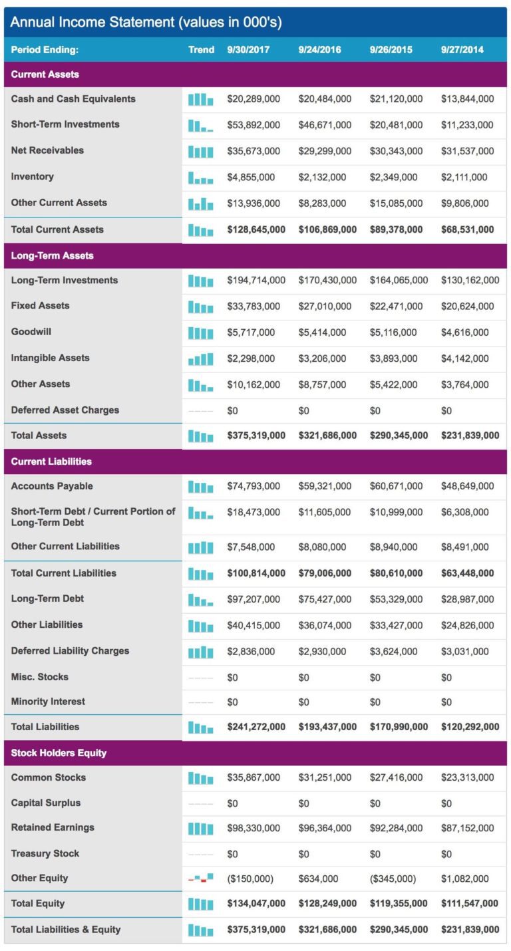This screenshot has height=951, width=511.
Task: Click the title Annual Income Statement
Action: tap(146, 23)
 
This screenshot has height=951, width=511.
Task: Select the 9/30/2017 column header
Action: tap(248, 50)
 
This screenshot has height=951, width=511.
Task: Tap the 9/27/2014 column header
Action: tap(462, 50)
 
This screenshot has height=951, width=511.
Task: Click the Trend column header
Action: tap(201, 50)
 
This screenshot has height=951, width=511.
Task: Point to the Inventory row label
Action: tap(33, 176)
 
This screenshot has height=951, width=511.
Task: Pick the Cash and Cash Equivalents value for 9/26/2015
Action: tap(396, 99)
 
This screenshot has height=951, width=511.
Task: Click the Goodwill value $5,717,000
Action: tap(251, 332)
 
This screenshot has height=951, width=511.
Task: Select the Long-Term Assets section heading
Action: tap(53, 255)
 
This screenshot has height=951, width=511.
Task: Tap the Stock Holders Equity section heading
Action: tap(59, 753)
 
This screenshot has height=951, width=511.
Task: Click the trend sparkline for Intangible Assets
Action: tap(201, 358)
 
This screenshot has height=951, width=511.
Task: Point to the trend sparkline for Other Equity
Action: tap(201, 879)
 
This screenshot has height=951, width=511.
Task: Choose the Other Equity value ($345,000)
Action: tap(393, 879)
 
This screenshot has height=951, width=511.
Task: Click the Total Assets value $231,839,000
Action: tap(470, 436)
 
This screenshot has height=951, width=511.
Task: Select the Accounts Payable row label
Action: tap(52, 486)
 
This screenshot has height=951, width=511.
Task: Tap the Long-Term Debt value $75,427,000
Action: tap(325, 599)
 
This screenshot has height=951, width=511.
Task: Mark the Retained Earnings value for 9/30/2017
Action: tap(254, 828)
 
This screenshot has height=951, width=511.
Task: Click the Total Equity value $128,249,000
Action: tap(327, 903)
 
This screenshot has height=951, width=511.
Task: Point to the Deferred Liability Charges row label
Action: tap(70, 651)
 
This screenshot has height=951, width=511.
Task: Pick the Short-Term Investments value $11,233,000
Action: tap(467, 125)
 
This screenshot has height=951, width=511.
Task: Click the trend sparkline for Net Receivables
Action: tap(201, 151)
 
